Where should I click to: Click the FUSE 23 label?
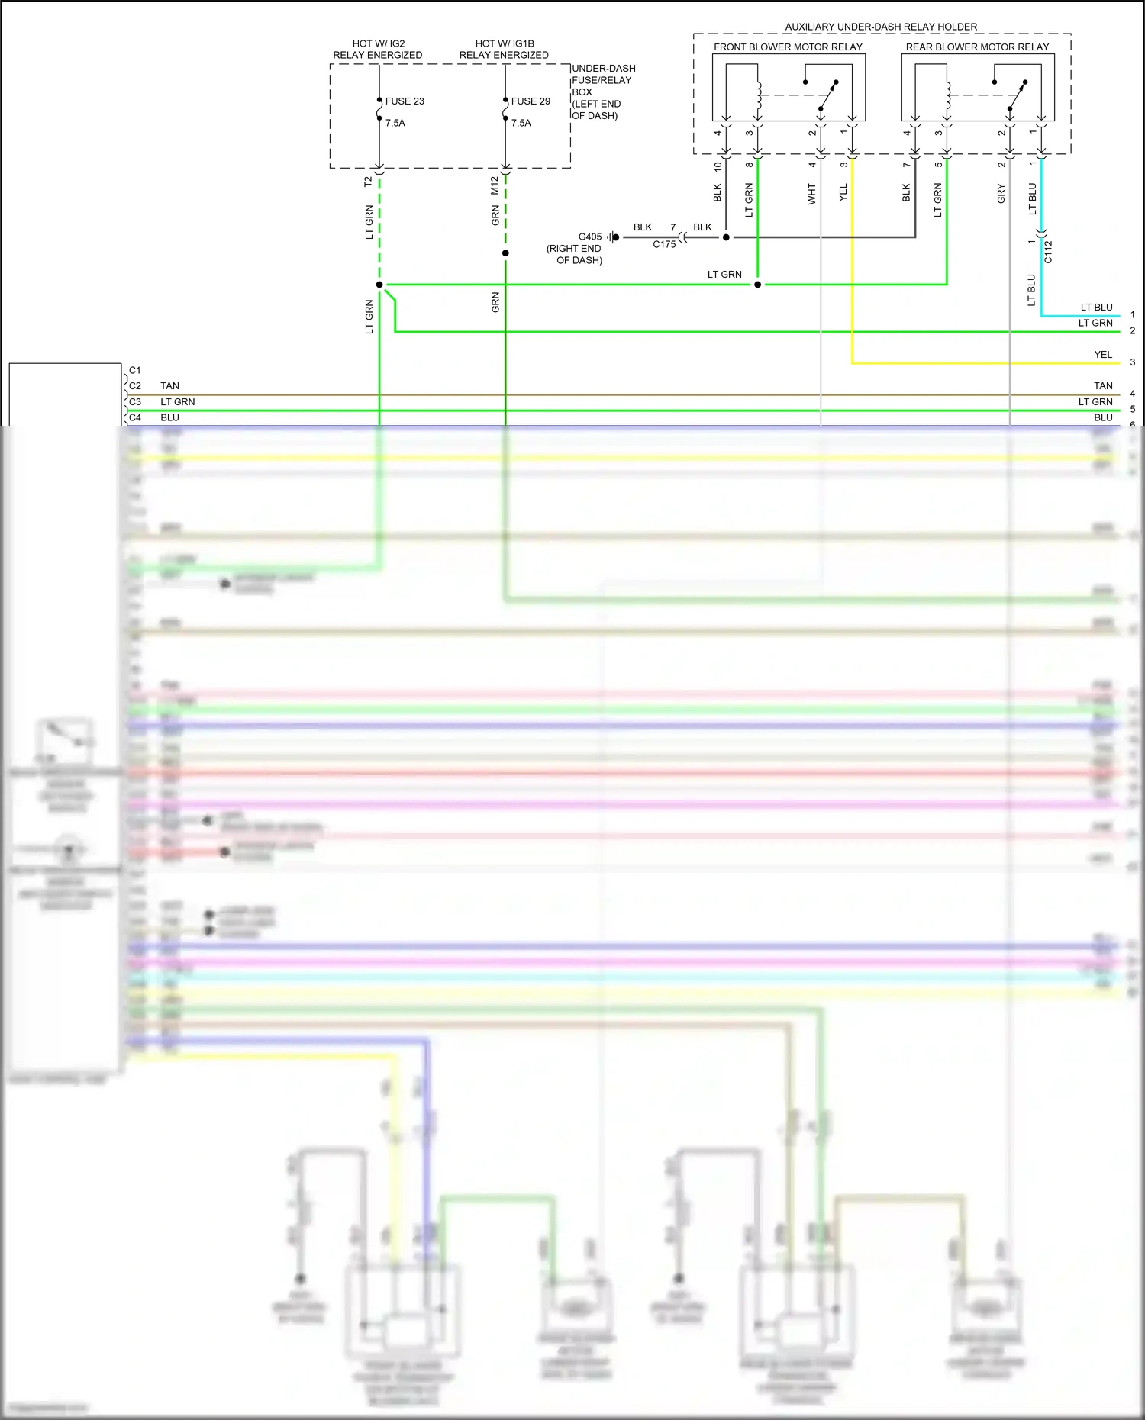404,101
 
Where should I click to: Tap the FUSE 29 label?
530,101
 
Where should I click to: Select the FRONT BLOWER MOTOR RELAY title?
788,47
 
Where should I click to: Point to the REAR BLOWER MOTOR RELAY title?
977,47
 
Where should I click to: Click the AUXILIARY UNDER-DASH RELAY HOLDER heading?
881,27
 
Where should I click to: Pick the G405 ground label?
589,237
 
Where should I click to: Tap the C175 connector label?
664,245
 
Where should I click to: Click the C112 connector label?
1048,252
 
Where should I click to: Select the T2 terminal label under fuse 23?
368,182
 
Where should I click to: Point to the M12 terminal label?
495,185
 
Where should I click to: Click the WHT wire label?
811,195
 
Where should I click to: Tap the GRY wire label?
1001,195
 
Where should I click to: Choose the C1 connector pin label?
135,371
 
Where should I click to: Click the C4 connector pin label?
135,418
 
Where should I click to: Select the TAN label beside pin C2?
169,386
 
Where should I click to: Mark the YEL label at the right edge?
1103,355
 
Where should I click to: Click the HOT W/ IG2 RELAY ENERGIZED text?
378,50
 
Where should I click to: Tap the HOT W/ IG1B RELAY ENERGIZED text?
504,50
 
